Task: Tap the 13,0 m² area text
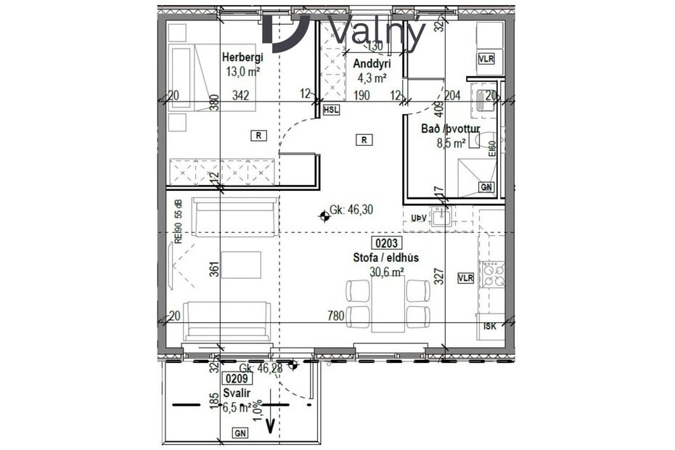(243, 71)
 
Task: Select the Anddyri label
(367, 63)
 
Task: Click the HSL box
(331, 110)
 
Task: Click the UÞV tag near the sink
(419, 217)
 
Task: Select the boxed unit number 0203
(388, 243)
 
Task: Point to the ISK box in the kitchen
(490, 326)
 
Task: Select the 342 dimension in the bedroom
(242, 94)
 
